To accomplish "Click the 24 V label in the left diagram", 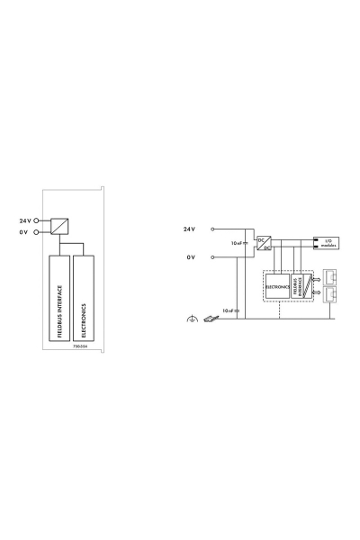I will pyautogui.click(x=24, y=220).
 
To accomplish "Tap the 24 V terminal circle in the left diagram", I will pyautogui.click(x=37, y=220).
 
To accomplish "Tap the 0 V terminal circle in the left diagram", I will pyautogui.click(x=37, y=231).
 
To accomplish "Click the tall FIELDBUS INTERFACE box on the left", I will pyautogui.click(x=58, y=302).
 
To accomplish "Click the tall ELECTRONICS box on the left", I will pyautogui.click(x=84, y=302).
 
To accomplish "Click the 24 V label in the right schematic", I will pyautogui.click(x=189, y=229).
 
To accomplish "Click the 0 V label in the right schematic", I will pyautogui.click(x=190, y=256).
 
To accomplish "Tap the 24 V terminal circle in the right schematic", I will pyautogui.click(x=212, y=229).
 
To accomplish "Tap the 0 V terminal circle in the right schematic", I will pyautogui.click(x=212, y=256).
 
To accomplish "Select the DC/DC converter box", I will pyautogui.click(x=264, y=243).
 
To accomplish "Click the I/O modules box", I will pyautogui.click(x=326, y=242).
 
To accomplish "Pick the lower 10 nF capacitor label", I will pyautogui.click(x=229, y=310).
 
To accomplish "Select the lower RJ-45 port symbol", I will pyautogui.click(x=329, y=294).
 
